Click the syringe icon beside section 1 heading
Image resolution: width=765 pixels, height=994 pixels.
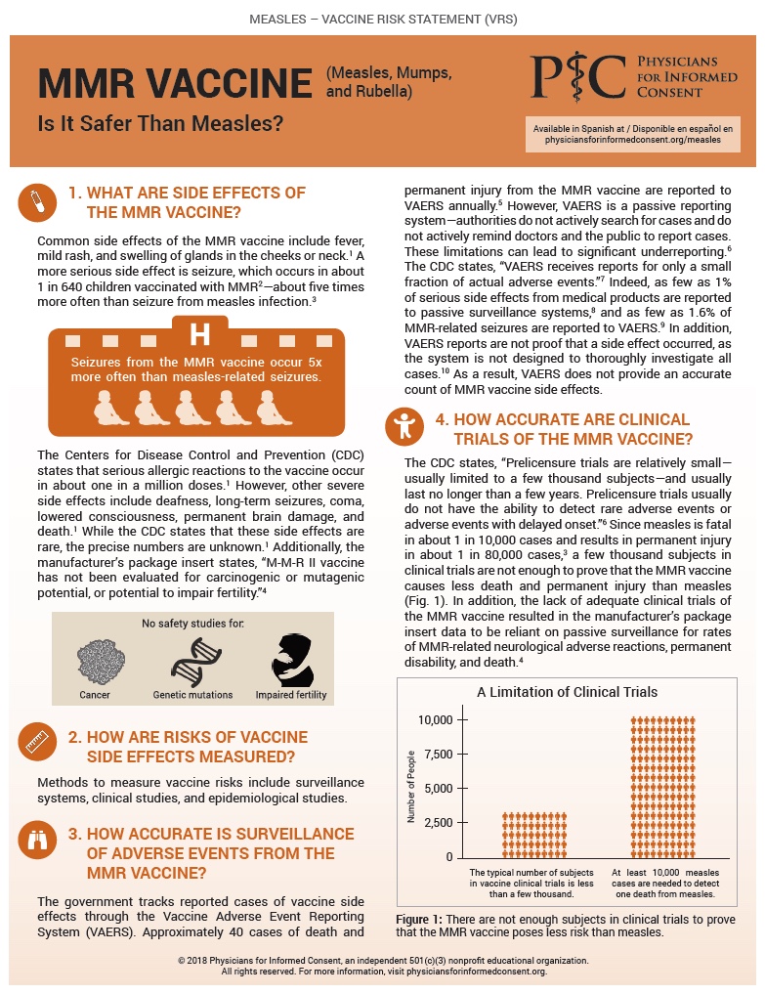35,201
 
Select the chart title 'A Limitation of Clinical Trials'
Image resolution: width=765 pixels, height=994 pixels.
567,692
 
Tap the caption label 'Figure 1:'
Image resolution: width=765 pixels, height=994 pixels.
419,919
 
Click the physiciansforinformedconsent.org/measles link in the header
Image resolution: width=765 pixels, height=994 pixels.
632,140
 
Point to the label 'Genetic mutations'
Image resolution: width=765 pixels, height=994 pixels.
191,695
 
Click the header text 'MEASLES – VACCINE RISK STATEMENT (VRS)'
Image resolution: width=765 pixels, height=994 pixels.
383,19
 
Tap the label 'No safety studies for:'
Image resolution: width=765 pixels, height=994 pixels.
192,623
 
